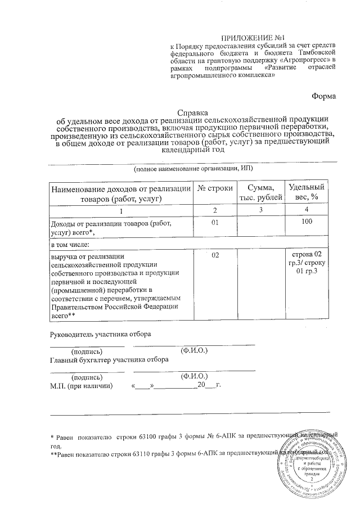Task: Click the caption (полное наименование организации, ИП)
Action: coord(193,169)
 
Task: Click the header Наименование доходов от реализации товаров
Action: coord(121,193)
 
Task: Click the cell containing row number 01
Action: coord(215,223)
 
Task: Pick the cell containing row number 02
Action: coord(215,256)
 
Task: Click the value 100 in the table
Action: coord(307,223)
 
